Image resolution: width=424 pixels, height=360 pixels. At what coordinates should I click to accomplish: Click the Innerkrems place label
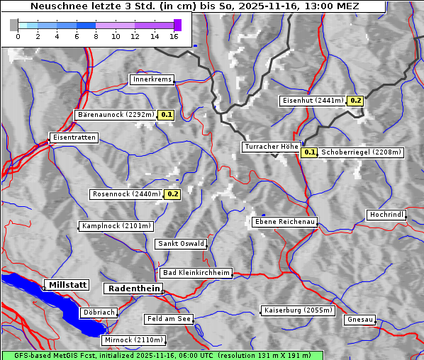tap(152, 79)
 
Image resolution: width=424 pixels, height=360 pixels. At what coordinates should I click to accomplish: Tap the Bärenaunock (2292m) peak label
tap(114, 114)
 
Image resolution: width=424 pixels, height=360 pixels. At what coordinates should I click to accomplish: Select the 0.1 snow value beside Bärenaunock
tap(167, 114)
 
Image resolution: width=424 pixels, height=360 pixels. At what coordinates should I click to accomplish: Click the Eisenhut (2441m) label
tap(313, 101)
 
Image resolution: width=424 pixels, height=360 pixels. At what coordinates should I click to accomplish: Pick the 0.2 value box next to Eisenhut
tap(355, 101)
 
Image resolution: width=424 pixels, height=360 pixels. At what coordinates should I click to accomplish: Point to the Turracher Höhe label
tap(271, 147)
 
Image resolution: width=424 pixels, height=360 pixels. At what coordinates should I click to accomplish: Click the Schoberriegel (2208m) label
tap(361, 152)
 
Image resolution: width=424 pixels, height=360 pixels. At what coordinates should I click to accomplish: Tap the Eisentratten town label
tap(73, 137)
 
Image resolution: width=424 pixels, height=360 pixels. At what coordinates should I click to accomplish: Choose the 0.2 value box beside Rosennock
tap(173, 193)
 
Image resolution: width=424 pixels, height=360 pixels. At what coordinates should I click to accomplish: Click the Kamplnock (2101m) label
tap(116, 226)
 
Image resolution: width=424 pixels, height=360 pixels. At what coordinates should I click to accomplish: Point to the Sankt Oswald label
tap(181, 244)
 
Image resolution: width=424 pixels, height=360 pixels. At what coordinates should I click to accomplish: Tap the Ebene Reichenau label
tap(284, 222)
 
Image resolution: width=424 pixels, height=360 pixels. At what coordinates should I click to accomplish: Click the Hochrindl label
tap(386, 215)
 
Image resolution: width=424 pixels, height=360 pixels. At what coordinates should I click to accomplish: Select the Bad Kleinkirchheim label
tap(196, 273)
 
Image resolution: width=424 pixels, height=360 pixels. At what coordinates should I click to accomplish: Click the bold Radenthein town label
tap(133, 288)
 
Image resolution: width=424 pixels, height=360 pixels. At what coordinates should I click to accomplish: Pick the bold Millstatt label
tap(67, 284)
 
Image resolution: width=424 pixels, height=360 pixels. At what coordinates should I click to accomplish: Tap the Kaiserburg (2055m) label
tap(298, 310)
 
